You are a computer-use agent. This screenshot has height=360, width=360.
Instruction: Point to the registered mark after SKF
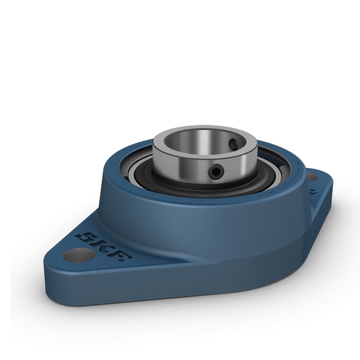(129, 259)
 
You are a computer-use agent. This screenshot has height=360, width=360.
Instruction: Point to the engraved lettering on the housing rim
(282, 186)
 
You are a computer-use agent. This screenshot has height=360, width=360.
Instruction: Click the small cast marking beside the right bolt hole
(312, 193)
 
